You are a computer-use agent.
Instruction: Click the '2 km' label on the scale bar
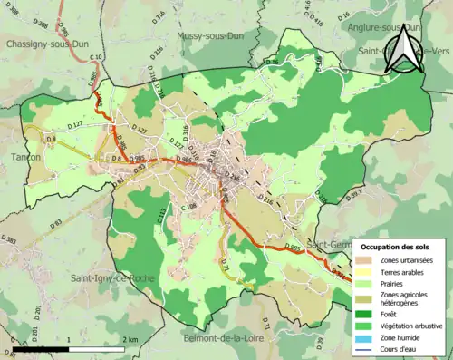click(x=131, y=339)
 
